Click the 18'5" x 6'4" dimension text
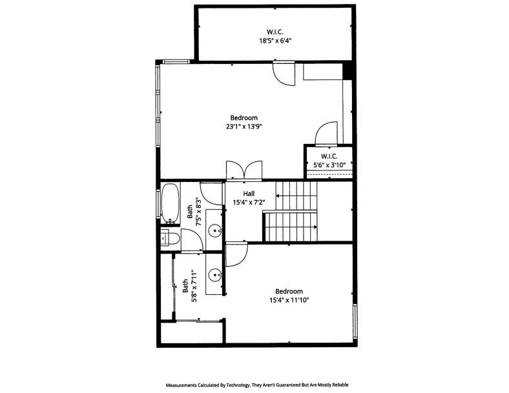point(275,40)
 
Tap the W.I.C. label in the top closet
point(275,32)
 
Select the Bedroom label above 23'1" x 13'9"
point(244,117)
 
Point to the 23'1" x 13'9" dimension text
point(244,126)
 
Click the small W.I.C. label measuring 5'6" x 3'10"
point(329,156)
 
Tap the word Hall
point(249,193)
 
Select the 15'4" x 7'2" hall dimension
point(249,202)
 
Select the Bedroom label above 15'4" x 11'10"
point(289,291)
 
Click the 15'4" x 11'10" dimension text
point(289,300)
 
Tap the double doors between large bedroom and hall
point(244,170)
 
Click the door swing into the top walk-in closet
point(283,73)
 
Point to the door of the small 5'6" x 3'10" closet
point(326,134)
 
